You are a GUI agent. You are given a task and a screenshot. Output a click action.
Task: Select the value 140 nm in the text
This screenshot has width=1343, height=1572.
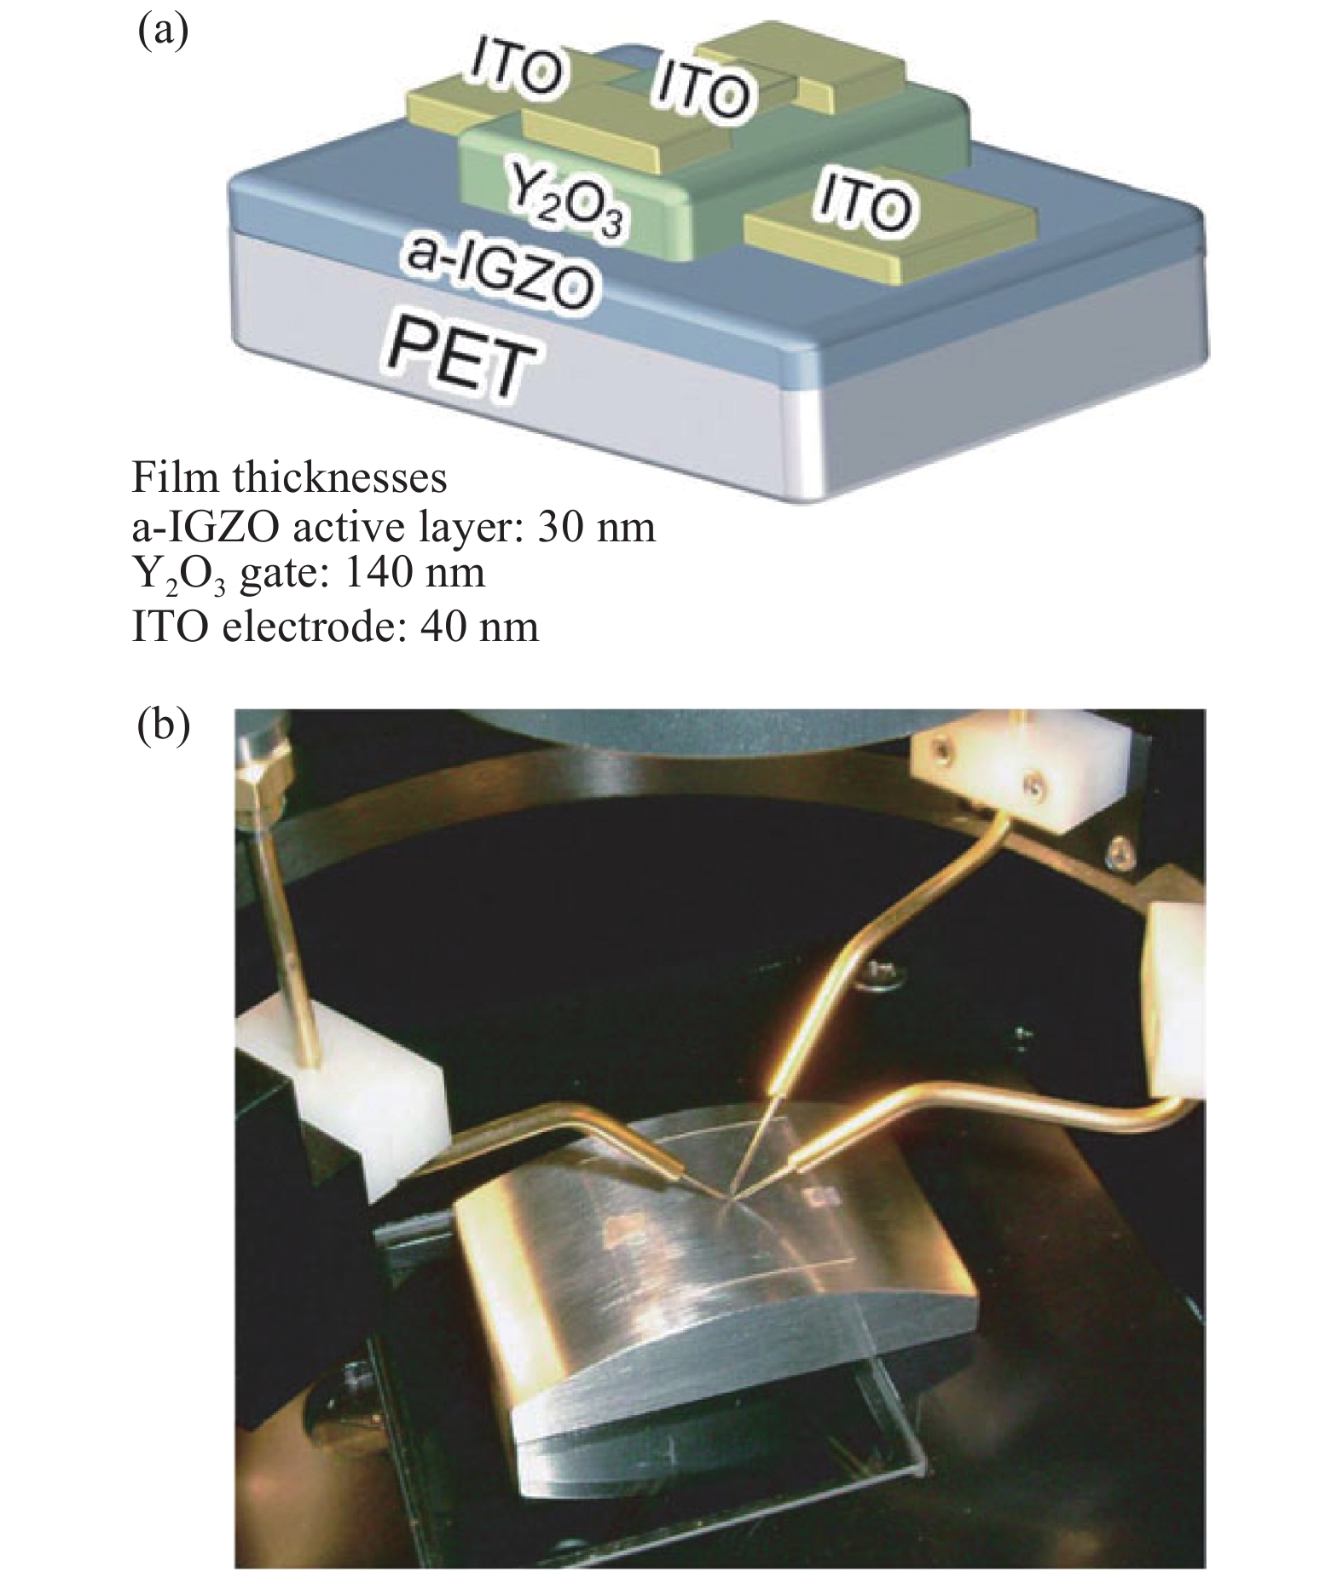[x=413, y=573]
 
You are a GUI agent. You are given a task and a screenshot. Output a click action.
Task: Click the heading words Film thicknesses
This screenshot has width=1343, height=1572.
[x=289, y=477]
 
